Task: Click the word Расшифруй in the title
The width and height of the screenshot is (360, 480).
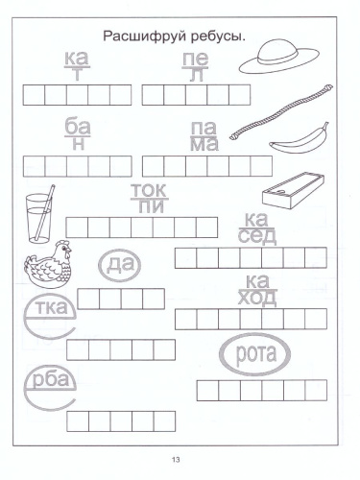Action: (145, 36)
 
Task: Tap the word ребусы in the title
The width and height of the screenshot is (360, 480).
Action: (218, 36)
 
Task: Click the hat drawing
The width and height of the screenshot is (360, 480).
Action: (278, 57)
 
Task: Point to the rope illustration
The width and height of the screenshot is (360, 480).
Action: (281, 112)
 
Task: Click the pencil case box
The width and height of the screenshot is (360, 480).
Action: (293, 190)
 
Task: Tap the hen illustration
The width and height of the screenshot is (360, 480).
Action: (48, 264)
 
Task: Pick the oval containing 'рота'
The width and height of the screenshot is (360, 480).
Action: (255, 354)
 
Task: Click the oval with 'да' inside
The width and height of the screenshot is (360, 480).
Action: (119, 265)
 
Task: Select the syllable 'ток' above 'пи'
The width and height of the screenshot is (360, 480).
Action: (149, 190)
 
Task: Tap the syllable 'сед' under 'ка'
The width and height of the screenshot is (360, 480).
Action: (257, 236)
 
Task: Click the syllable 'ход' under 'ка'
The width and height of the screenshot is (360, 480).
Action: (257, 298)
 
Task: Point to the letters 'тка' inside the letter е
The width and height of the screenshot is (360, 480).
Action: (51, 307)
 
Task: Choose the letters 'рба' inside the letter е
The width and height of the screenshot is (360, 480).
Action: (51, 379)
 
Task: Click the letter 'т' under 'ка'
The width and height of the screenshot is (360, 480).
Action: (77, 75)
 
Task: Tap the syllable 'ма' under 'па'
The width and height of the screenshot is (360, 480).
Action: (204, 144)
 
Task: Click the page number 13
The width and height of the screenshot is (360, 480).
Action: (176, 460)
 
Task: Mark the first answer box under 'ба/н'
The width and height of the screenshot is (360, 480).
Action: (34, 166)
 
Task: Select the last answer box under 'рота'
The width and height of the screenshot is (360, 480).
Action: (316, 391)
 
